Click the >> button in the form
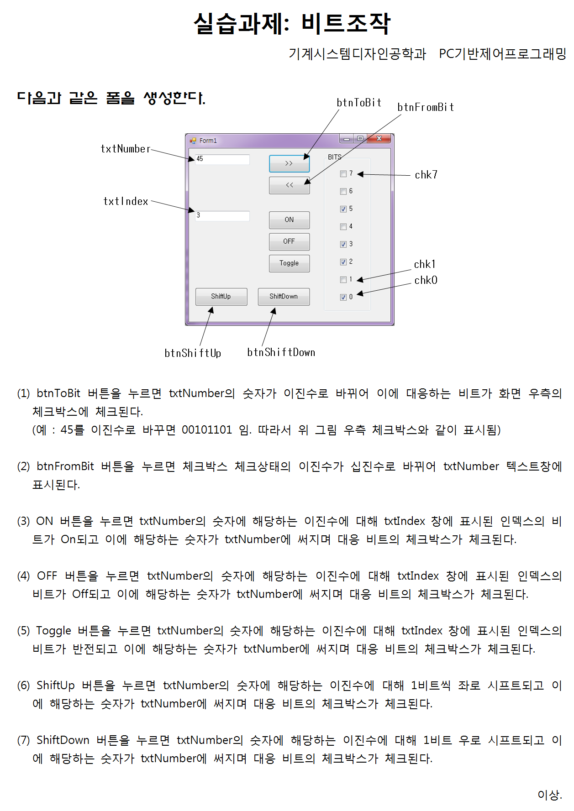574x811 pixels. click(289, 163)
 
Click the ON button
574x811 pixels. click(289, 220)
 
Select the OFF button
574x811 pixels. click(289, 241)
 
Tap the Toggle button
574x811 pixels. click(289, 263)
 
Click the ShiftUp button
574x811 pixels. click(221, 297)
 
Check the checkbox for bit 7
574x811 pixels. click(343, 174)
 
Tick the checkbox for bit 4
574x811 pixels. click(343, 227)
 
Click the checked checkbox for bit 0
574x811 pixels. click(343, 297)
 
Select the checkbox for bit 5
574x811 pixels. click(343, 209)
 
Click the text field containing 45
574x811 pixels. click(222, 159)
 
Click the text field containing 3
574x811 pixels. click(222, 215)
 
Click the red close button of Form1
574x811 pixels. click(379, 138)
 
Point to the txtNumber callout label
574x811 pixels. click(126, 149)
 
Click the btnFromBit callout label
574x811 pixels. click(426, 107)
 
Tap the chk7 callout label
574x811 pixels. click(426, 175)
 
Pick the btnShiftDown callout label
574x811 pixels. click(281, 352)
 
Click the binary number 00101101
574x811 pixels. click(207, 430)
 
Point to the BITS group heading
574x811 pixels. click(334, 157)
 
